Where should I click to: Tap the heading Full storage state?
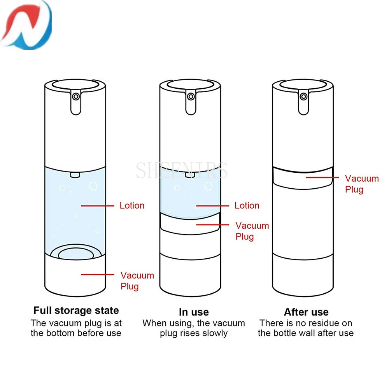pos(76,310)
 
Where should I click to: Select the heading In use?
pos(194,312)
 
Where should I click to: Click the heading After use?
pos(306,312)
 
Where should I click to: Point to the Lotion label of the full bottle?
pos(132,205)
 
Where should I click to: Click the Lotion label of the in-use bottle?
pos(247,205)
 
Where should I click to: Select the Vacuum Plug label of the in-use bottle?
pos(252,231)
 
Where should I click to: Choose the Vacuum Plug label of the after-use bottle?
pos(362,184)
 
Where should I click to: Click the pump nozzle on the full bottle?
pos(76,96)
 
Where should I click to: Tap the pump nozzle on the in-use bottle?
pos(190,96)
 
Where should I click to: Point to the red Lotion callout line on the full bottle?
pos(97,205)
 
